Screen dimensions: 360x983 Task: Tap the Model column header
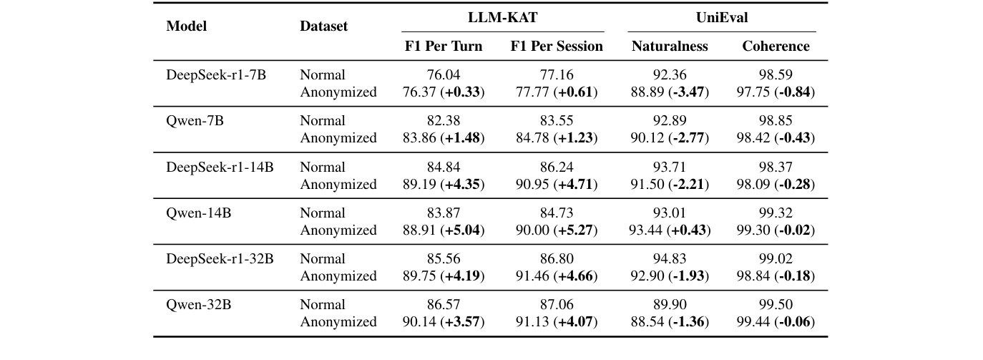click(186, 26)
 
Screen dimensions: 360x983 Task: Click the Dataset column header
click(323, 26)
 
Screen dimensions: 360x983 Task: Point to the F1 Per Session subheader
click(556, 47)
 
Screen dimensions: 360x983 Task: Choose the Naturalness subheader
click(670, 47)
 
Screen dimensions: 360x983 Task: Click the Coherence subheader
click(776, 47)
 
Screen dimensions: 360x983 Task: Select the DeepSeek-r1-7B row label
click(216, 74)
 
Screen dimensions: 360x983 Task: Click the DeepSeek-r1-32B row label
click(220, 258)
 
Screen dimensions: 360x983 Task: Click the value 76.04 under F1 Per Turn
click(444, 74)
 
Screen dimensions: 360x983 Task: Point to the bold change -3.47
click(688, 92)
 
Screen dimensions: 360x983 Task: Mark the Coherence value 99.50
click(776, 304)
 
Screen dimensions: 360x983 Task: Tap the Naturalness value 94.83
click(670, 258)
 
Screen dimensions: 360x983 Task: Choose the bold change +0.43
click(688, 230)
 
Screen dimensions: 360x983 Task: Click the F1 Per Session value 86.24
click(556, 167)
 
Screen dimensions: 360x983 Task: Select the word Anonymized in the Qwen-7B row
click(338, 137)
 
